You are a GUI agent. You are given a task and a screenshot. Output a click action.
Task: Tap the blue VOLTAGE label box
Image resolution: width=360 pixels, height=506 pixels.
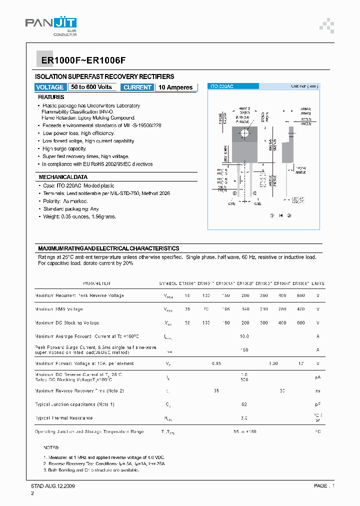tap(50, 87)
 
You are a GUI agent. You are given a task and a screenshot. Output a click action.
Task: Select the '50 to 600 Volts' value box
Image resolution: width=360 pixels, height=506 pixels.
tap(91, 87)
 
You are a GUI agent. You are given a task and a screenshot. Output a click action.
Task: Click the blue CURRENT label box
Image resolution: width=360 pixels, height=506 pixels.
tap(137, 87)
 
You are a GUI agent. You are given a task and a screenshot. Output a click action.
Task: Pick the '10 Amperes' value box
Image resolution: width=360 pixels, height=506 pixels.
tap(175, 87)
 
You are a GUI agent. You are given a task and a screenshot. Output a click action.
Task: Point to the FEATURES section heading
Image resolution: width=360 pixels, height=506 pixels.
tap(51, 97)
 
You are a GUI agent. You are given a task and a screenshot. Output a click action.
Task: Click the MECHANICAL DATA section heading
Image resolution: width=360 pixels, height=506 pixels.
tap(63, 177)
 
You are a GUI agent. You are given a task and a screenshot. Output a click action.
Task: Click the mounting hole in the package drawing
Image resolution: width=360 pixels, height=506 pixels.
tap(245, 133)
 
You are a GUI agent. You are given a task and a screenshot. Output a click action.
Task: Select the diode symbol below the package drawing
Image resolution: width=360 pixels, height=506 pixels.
tap(280, 215)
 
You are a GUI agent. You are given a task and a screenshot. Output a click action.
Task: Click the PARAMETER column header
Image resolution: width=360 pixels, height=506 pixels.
tap(96, 283)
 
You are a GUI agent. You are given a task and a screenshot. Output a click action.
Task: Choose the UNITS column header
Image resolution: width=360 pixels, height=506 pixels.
tap(317, 283)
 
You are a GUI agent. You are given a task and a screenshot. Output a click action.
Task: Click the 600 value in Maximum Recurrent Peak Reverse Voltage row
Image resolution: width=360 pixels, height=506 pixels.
tap(300, 295)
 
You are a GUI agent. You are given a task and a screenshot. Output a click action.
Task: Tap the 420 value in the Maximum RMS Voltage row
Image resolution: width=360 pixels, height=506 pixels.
tap(300, 309)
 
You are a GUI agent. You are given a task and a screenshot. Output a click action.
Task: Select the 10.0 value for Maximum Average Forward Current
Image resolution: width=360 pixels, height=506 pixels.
tap(244, 336)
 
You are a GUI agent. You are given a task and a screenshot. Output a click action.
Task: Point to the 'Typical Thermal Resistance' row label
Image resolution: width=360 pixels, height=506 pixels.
tap(64, 418)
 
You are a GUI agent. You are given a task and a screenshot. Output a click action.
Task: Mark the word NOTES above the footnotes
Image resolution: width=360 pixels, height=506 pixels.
tap(51, 448)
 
